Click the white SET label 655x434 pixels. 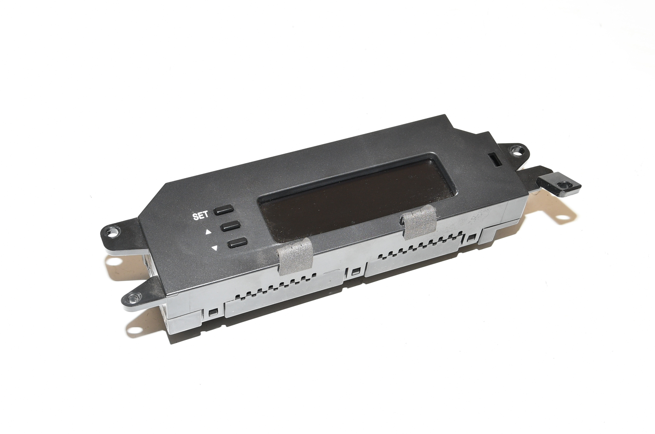(x=200, y=216)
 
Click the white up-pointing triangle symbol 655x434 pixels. (x=208, y=233)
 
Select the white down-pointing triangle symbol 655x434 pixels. (x=215, y=248)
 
